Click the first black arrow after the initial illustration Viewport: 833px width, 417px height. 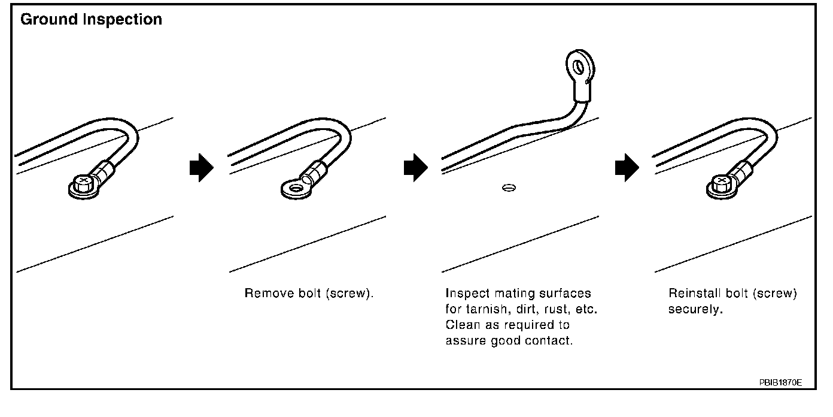(201, 169)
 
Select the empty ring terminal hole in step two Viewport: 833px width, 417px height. (294, 191)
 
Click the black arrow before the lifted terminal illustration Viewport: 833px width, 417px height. (416, 169)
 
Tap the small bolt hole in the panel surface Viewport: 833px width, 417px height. (509, 188)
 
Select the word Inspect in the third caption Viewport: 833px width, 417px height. (467, 294)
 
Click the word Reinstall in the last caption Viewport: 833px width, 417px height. (694, 294)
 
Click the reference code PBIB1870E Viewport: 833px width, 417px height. (780, 382)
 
